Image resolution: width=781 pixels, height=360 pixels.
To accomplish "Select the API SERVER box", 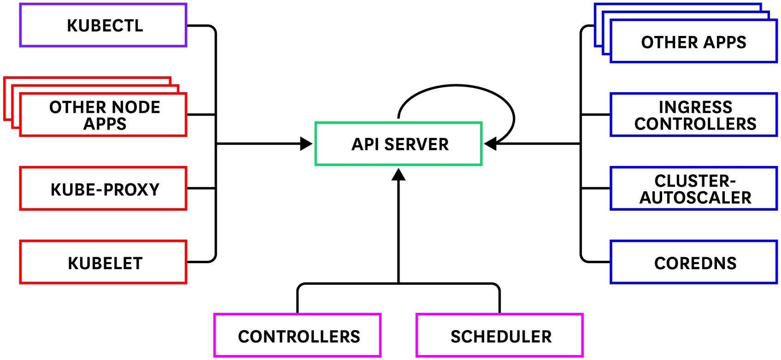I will [x=398, y=144].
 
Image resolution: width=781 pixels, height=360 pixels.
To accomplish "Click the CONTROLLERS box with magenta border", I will [x=298, y=336].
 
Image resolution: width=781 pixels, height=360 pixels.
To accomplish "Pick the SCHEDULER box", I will [x=500, y=336].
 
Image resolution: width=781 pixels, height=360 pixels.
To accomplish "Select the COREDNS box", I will [x=694, y=262].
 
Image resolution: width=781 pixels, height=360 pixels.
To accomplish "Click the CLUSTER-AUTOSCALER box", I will [x=694, y=189].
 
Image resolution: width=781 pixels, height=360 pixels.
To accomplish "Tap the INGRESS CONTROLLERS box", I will [x=694, y=115].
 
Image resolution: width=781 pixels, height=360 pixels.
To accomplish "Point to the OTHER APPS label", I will [x=693, y=42].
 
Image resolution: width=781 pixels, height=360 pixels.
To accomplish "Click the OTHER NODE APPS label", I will [x=105, y=115].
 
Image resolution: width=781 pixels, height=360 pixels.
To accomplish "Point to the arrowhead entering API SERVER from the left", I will [x=306, y=144].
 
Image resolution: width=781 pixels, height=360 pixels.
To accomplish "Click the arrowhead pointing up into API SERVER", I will [x=398, y=175].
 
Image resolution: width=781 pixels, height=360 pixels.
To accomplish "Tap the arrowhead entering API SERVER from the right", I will [x=490, y=144].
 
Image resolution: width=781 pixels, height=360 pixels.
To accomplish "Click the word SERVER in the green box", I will [x=416, y=144].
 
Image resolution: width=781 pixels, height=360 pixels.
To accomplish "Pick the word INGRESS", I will [x=695, y=107].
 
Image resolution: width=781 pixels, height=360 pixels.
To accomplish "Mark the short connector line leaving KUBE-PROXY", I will [x=201, y=189].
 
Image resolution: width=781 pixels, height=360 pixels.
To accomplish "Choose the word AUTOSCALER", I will [x=695, y=197].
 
